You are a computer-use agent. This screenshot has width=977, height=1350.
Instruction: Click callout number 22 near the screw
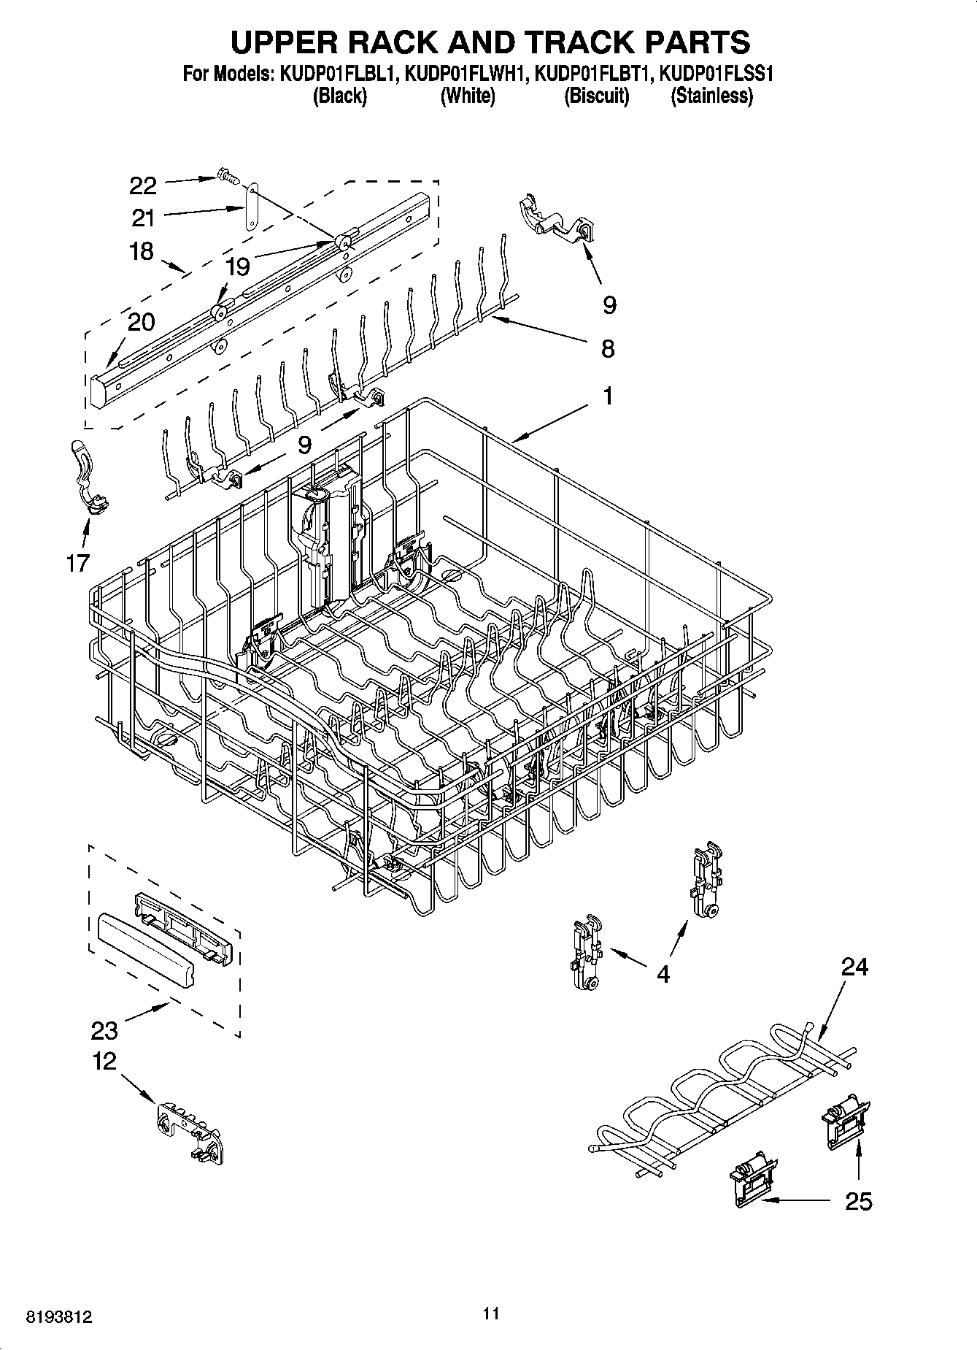click(143, 185)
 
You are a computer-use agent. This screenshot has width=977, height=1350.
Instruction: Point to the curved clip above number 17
click(87, 475)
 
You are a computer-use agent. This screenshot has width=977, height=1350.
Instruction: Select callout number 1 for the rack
click(607, 396)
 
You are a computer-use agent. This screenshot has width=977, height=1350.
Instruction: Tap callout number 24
click(854, 967)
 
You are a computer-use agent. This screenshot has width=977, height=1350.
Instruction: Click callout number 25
click(858, 1201)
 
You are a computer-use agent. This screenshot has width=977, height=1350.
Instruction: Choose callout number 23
click(104, 1030)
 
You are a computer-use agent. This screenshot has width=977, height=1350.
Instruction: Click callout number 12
click(104, 1061)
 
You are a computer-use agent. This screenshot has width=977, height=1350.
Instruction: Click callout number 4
click(663, 974)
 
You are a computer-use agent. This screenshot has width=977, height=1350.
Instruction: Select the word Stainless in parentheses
click(711, 96)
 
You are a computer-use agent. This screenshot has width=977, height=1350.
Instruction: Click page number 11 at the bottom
click(491, 1313)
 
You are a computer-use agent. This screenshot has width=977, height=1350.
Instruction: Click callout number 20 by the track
click(142, 321)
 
